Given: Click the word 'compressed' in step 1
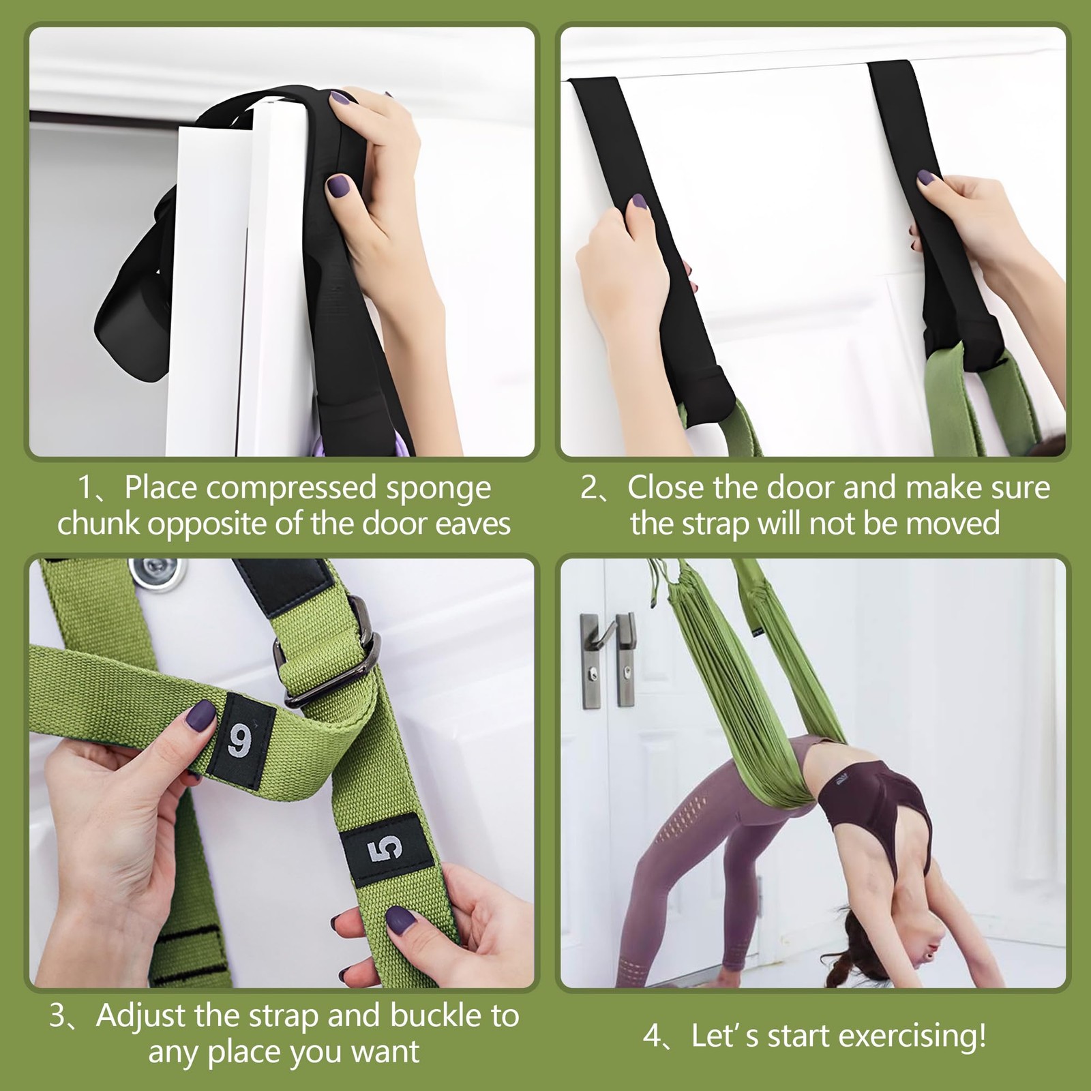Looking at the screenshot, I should (291, 488).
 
